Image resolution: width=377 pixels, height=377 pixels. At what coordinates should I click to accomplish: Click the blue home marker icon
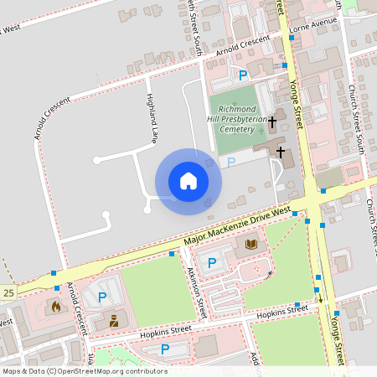click(188, 180)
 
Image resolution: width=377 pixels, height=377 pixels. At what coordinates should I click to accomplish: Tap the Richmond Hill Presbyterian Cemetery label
click(242, 119)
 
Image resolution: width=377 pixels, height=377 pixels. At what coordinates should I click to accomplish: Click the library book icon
click(251, 245)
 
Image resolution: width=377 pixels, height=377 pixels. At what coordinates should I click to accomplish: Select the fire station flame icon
click(56, 307)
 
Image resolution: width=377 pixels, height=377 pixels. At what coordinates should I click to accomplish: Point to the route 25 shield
click(8, 293)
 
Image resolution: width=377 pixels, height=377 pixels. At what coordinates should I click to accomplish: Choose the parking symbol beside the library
click(212, 263)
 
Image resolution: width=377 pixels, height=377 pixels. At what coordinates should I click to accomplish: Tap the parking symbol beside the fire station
click(102, 297)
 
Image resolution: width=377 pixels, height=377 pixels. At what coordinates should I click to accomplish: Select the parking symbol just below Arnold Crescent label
click(243, 75)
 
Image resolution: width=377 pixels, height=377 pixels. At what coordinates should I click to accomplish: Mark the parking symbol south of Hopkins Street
click(165, 349)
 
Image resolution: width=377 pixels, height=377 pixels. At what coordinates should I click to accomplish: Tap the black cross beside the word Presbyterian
click(273, 121)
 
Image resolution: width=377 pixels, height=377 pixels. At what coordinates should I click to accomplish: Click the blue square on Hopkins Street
click(297, 305)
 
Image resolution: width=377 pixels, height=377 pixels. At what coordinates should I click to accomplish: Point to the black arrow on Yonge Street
click(319, 296)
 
